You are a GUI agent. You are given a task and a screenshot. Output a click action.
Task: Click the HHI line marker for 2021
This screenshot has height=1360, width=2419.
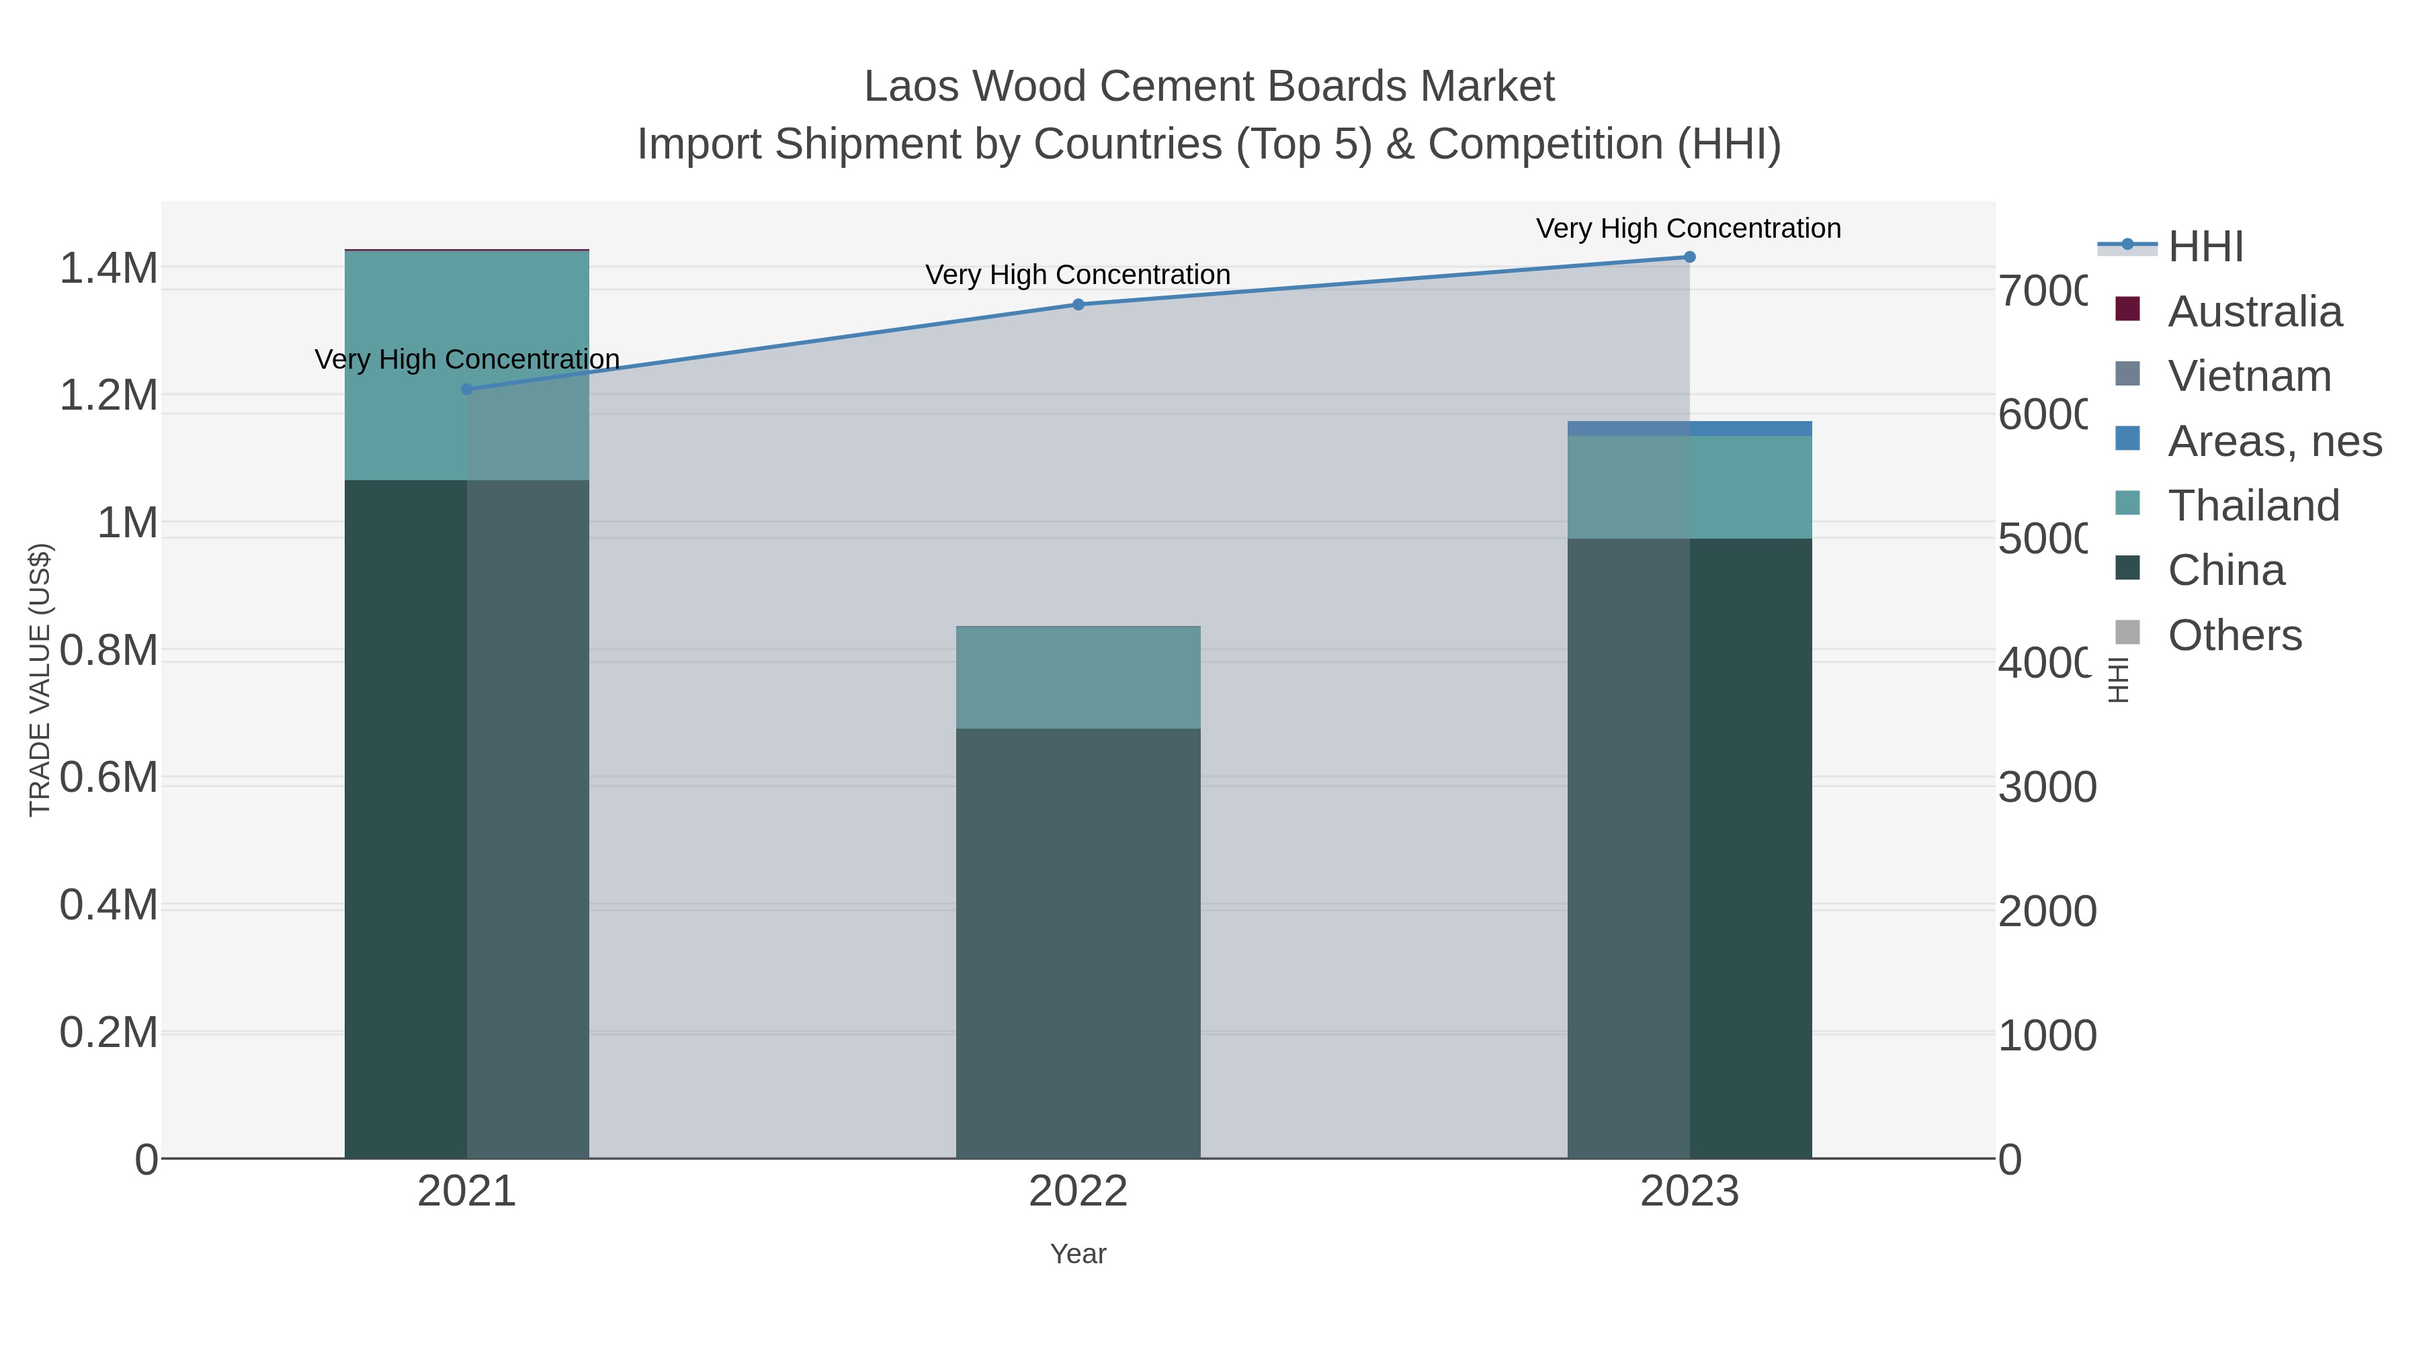467,390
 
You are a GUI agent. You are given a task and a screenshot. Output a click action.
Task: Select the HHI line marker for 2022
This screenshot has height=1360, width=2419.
1078,304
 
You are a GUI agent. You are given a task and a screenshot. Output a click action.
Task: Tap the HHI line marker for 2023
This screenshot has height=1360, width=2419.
1689,257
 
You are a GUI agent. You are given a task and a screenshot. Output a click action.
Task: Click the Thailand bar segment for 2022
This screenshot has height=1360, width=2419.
1078,677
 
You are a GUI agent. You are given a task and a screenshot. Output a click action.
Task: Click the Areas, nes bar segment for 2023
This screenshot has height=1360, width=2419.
1689,428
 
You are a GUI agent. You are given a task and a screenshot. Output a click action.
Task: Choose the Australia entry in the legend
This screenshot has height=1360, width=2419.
2254,312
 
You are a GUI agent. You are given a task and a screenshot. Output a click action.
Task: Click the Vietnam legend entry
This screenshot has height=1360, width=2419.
2249,376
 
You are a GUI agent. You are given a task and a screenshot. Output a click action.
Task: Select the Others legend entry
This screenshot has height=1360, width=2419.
2234,635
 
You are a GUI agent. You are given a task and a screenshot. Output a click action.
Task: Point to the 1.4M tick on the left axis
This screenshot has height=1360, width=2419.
109,269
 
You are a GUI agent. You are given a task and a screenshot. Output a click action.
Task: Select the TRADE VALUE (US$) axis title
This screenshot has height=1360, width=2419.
40,680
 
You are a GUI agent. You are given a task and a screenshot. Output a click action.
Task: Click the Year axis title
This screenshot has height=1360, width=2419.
1078,1254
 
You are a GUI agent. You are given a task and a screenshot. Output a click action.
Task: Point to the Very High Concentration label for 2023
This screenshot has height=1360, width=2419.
1689,228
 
